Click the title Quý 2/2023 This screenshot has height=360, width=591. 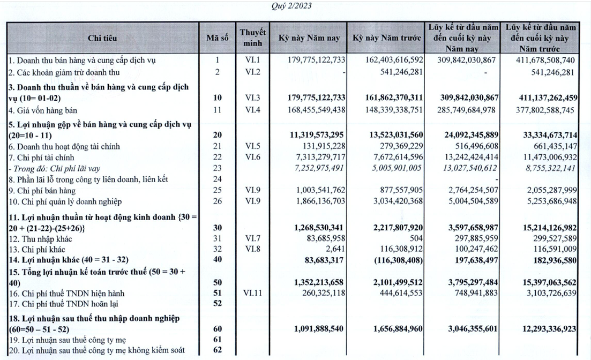293,6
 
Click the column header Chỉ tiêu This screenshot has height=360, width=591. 102,38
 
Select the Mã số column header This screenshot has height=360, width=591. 217,38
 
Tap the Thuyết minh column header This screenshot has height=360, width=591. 253,37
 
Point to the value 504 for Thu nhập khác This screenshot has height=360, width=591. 416,238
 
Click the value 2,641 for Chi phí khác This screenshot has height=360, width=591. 334,249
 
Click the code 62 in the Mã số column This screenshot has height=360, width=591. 217,350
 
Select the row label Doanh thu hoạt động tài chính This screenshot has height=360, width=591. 64,146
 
